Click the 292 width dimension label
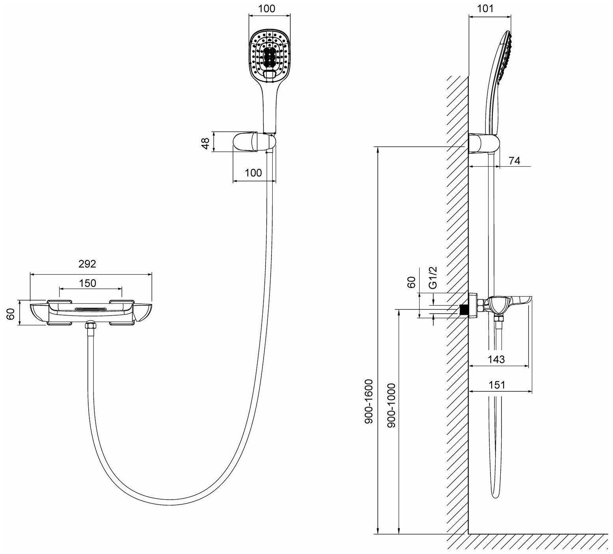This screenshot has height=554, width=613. (87, 264)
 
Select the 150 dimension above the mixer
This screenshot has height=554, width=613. (88, 283)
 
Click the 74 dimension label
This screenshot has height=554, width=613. (515, 161)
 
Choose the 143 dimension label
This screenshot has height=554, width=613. (496, 359)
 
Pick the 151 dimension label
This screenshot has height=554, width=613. (497, 385)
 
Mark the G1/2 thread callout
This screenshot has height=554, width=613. (433, 278)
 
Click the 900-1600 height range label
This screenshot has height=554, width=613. (368, 402)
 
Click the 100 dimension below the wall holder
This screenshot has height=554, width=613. (253, 173)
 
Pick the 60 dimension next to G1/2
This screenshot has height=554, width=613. (411, 282)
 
